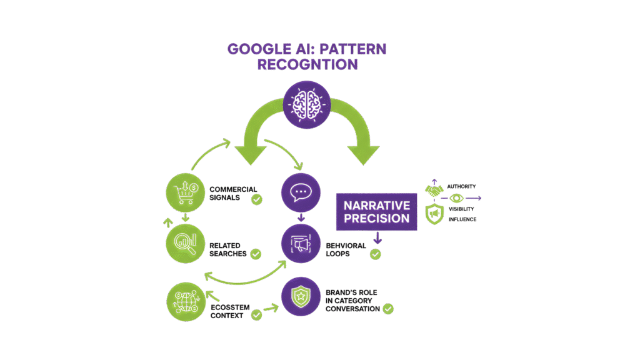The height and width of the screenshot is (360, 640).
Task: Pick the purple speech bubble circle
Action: click(301, 193)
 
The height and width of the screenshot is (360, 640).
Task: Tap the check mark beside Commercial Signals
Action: click(256, 200)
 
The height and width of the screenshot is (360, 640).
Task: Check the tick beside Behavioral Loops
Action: click(375, 254)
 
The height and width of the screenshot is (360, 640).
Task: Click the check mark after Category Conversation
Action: click(388, 308)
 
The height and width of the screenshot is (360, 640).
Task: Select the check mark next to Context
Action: click(256, 315)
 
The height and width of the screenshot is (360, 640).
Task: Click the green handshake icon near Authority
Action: click(434, 188)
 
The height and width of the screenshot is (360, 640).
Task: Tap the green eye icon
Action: click(456, 199)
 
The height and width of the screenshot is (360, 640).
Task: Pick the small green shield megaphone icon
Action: click(434, 214)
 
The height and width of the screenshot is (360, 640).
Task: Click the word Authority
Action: click(462, 186)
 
